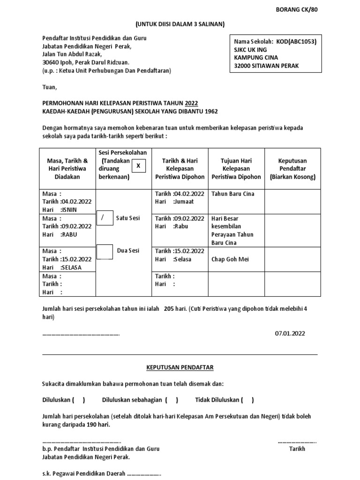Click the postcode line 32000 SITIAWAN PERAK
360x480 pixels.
266,66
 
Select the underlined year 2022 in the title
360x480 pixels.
191,103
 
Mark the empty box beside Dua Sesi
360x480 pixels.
104,251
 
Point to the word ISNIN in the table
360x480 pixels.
68,210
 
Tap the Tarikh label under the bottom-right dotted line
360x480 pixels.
297,449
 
